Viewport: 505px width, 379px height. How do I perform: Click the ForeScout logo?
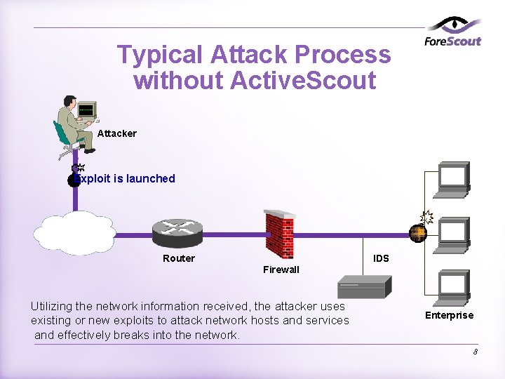coord(453,34)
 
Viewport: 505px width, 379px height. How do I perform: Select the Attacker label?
coord(117,133)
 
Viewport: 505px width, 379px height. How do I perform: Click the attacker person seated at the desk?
coord(73,123)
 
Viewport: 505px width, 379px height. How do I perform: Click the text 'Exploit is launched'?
coord(126,178)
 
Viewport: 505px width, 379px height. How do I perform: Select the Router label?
coord(179,258)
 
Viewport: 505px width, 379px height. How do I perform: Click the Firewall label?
coord(281,270)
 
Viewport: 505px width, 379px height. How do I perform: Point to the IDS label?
coord(381,258)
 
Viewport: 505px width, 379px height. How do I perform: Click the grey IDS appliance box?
coord(364,286)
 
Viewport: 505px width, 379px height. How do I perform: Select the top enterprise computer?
coord(454,179)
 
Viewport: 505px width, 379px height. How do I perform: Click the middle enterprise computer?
coord(454,234)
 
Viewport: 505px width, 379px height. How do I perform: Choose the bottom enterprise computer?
coord(454,288)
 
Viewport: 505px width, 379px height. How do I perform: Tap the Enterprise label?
coord(449,315)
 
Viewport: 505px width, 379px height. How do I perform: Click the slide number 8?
coord(475,352)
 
